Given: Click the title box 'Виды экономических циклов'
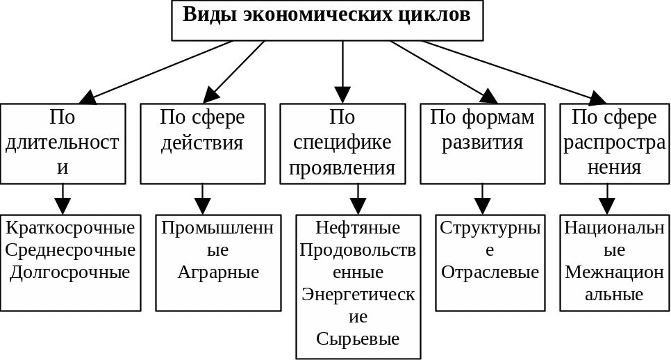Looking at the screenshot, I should click(x=327, y=20).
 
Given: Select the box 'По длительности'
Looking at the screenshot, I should click(x=63, y=143).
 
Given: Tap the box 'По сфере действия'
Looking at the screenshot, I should click(x=203, y=143).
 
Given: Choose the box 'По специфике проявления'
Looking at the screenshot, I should click(x=342, y=143).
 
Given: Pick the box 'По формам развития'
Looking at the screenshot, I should click(x=483, y=143).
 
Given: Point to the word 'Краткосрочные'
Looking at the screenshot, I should click(x=69, y=227).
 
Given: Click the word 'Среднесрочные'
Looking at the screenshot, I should click(x=69, y=249).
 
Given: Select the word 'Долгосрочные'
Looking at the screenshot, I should click(x=69, y=271).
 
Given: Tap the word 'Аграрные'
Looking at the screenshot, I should click(x=218, y=271).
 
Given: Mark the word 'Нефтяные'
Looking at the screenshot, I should click(x=358, y=227).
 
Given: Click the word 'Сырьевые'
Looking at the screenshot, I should click(x=358, y=338).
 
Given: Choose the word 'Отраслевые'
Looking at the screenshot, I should click(x=490, y=271).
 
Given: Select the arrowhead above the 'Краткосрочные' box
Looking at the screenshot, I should click(x=63, y=206).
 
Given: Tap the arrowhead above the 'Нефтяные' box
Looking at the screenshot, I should click(x=358, y=206).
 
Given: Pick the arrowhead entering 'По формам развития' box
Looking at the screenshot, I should click(x=489, y=97).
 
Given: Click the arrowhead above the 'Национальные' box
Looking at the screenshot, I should click(x=607, y=206).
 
